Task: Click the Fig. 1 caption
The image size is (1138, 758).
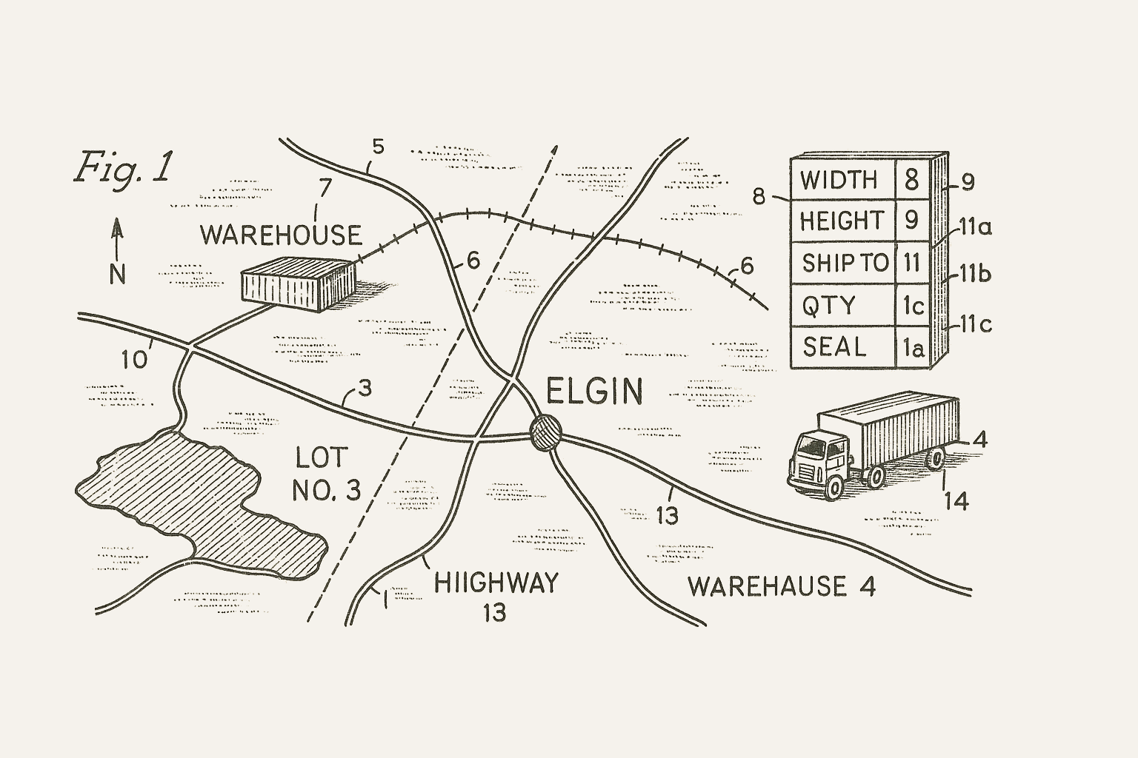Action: [123, 167]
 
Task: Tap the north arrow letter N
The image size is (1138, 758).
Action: [117, 275]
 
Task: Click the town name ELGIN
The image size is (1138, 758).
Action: [594, 392]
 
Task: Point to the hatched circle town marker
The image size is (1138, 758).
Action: [546, 431]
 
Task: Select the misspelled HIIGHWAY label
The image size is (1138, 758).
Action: [495, 583]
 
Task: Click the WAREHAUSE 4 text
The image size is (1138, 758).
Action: [782, 587]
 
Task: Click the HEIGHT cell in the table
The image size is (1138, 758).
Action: [842, 221]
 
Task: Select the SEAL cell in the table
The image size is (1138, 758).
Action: [834, 346]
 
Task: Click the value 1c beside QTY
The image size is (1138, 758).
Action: [912, 305]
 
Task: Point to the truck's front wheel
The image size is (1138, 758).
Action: [835, 486]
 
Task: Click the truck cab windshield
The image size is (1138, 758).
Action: [812, 446]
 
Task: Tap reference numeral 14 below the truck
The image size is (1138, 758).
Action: [956, 501]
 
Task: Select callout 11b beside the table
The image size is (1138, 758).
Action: [975, 275]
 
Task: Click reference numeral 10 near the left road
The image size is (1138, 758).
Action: [135, 360]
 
